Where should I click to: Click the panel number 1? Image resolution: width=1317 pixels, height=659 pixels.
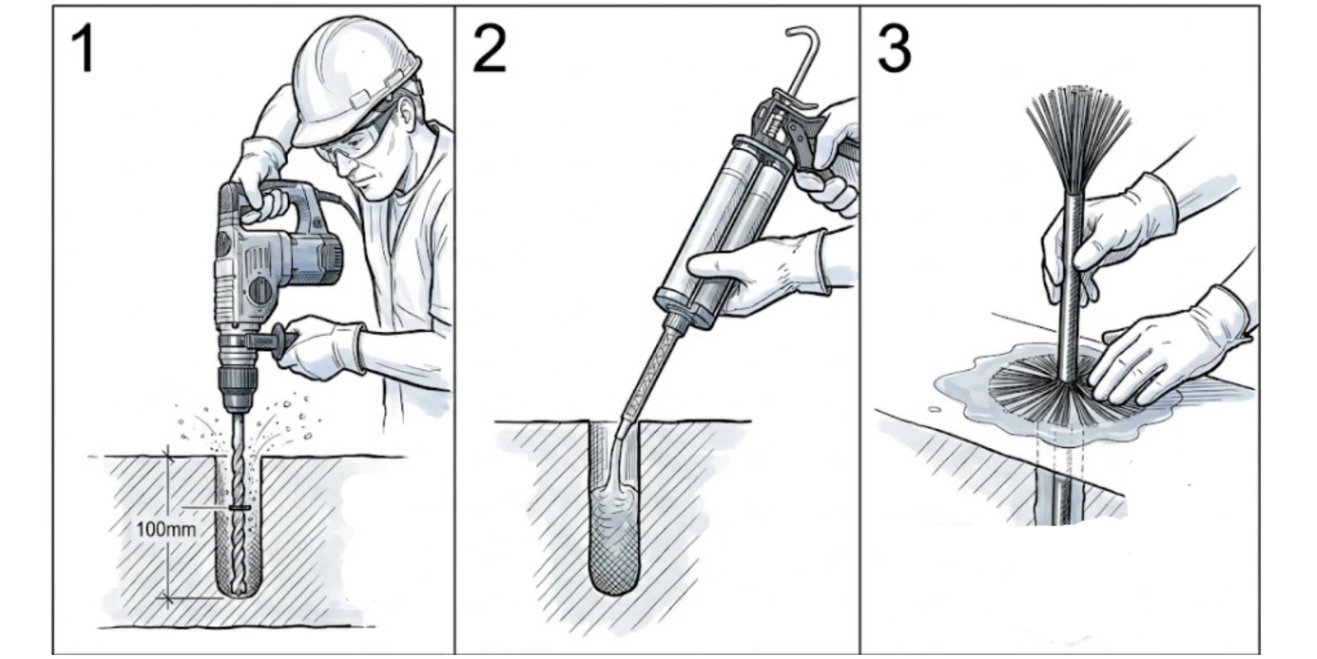82,50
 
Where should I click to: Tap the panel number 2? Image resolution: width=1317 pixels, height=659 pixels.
489,50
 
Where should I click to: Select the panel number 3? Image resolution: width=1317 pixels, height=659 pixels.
894,50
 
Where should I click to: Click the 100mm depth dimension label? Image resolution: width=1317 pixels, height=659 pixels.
165,530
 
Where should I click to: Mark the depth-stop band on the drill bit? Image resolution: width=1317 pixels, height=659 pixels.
240,507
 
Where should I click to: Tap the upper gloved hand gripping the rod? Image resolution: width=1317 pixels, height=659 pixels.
1105,236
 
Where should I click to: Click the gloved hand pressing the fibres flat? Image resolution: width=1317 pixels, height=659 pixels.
1170,353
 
